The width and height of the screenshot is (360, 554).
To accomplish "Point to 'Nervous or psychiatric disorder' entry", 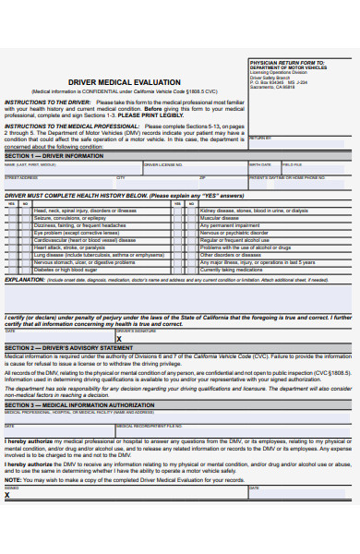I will (240, 233).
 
